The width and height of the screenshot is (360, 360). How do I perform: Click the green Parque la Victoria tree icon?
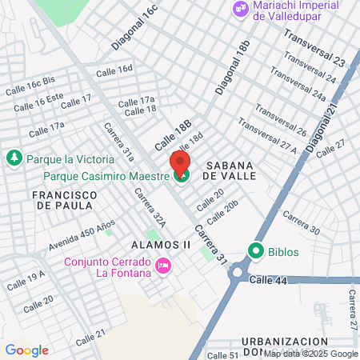point(13,158)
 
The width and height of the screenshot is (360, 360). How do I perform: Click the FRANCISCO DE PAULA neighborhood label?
point(65,200)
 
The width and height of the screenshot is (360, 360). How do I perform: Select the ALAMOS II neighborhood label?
point(158,244)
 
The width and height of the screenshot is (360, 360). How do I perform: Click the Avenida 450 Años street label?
point(81,233)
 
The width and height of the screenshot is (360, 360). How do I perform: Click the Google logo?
point(26,350)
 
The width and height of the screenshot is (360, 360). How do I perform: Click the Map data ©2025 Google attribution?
point(311,354)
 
